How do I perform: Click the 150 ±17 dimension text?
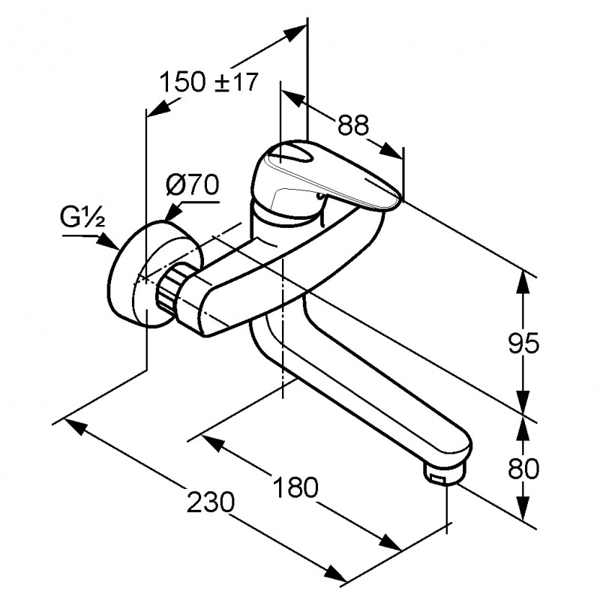pos(208,82)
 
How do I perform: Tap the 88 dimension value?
pos(352,124)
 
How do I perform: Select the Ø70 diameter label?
pos(193,184)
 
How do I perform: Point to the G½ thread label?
pos(82,218)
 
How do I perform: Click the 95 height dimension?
pos(523,343)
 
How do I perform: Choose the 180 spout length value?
pos(295,487)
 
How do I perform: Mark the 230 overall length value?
pos(210,502)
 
